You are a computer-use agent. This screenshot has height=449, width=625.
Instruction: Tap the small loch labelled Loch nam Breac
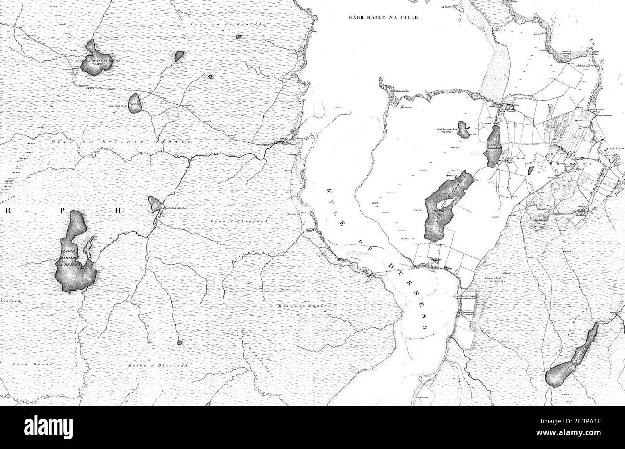pyautogui.click(x=135, y=103)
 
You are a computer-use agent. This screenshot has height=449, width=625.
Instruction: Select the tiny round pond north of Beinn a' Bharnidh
pyautogui.click(x=180, y=343)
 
